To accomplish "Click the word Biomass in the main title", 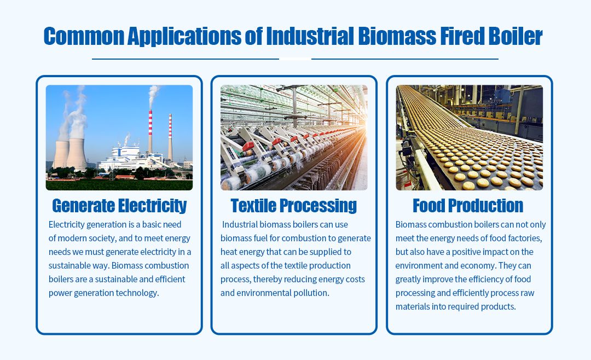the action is (x=397, y=36).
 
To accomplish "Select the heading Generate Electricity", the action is (x=119, y=206).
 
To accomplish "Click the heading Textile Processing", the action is (x=294, y=206).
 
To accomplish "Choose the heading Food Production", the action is (x=468, y=206).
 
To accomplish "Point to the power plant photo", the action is (x=119, y=137).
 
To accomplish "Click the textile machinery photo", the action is (x=294, y=137).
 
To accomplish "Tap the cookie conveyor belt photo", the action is (x=470, y=137).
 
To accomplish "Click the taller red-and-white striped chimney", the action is (x=150, y=132).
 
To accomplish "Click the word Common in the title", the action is (x=84, y=36).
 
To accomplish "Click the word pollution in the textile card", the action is (x=311, y=293).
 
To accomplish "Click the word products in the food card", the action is (x=498, y=306).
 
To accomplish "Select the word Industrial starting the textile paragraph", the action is (x=240, y=224).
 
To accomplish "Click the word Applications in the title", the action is (x=184, y=37).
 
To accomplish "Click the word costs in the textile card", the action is (x=356, y=280).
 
